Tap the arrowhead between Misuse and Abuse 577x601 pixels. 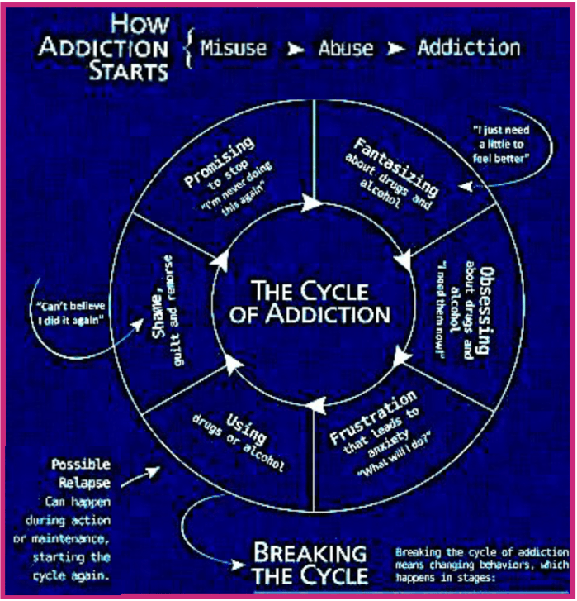tap(293, 49)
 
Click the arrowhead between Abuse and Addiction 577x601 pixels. tap(399, 49)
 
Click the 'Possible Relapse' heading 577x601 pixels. tap(81, 472)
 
